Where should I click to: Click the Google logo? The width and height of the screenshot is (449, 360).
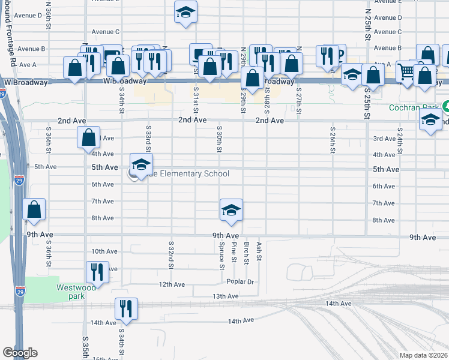pyautogui.click(x=20, y=353)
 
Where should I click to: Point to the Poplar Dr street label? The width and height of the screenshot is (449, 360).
pyautogui.click(x=241, y=281)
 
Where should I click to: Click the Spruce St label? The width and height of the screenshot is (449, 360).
pyautogui.click(x=221, y=254)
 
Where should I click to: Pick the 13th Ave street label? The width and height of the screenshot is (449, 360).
pyautogui.click(x=225, y=296)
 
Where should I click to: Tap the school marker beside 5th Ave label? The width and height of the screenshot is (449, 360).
pyautogui.click(x=141, y=165)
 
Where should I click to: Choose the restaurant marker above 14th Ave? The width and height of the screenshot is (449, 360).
pyautogui.click(x=126, y=310)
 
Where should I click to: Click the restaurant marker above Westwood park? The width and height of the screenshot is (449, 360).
pyautogui.click(x=97, y=272)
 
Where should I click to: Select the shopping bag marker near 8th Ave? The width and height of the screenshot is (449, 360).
pyautogui.click(x=34, y=211)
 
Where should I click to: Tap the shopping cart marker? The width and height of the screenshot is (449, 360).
pyautogui.click(x=406, y=73)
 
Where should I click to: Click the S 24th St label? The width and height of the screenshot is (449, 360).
pyautogui.click(x=399, y=139)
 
